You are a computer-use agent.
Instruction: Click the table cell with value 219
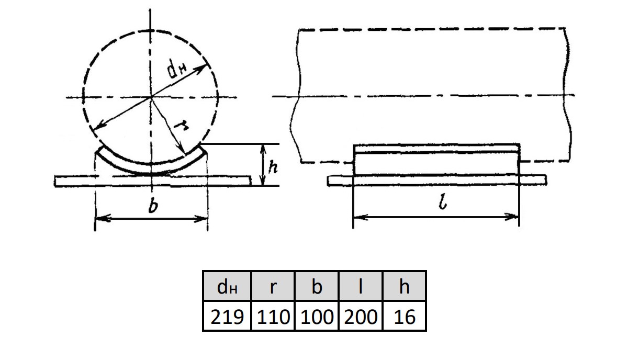[227, 316]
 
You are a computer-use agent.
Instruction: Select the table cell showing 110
[273, 316]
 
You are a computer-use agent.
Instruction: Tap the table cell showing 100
[317, 316]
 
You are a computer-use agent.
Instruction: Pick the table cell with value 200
[361, 316]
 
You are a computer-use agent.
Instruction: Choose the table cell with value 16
[404, 316]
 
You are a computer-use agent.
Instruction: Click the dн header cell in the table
[227, 286]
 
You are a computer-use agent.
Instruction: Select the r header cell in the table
[273, 286]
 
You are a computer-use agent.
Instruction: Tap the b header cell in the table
[317, 286]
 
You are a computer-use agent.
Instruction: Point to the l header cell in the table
[361, 286]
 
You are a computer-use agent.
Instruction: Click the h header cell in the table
[404, 286]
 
